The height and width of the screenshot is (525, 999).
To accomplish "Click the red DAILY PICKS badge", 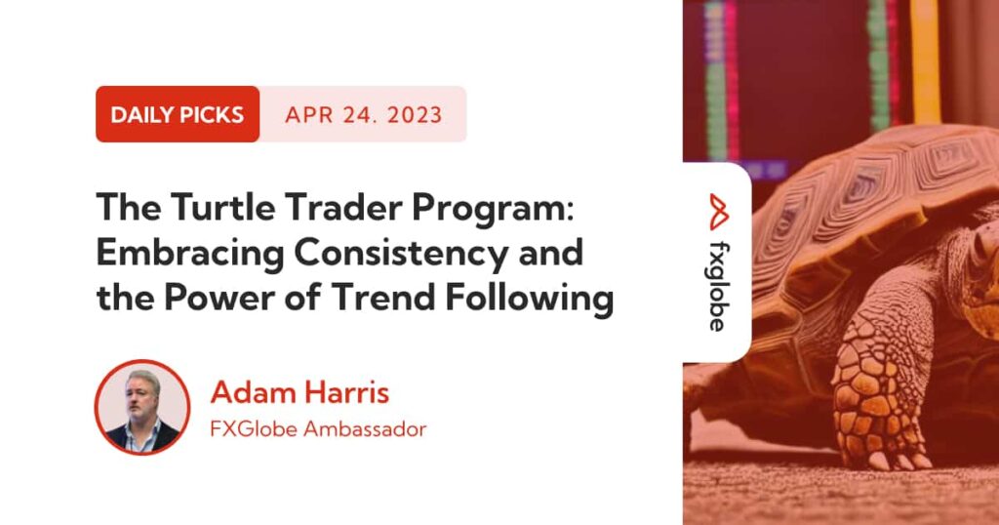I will click(x=177, y=114).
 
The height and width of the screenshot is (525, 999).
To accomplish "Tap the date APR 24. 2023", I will click(x=363, y=114).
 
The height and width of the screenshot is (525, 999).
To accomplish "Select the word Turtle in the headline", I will click(x=203, y=207).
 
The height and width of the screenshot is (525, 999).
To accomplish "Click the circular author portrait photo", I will click(x=142, y=408).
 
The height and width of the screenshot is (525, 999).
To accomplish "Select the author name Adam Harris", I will click(x=300, y=393).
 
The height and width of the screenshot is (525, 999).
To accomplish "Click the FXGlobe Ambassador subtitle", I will click(x=318, y=429).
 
